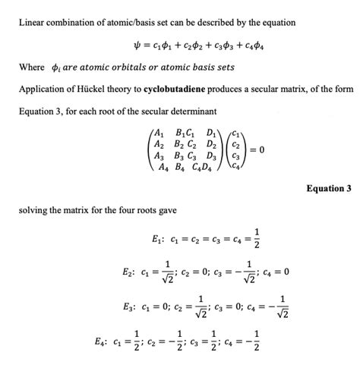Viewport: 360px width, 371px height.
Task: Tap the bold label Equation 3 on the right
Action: coord(330,187)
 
